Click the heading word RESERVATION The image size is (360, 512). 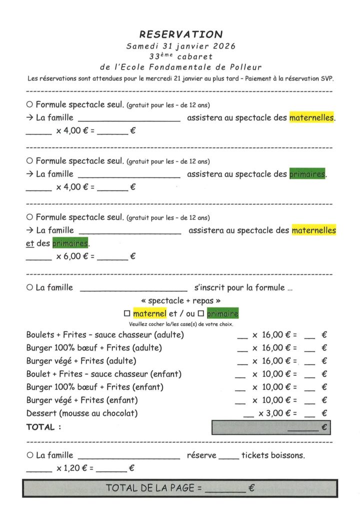click(x=180, y=34)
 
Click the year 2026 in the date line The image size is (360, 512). click(x=220, y=45)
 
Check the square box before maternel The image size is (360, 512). click(x=126, y=314)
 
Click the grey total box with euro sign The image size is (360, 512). click(x=271, y=428)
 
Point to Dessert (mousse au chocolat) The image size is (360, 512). click(x=82, y=413)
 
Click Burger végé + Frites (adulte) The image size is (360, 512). click(x=81, y=360)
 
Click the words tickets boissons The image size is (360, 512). click(x=272, y=455)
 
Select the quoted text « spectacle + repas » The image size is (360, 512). click(x=180, y=301)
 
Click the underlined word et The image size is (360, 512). click(x=29, y=243)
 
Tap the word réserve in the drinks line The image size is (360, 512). click(x=201, y=455)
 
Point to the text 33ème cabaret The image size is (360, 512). click(x=180, y=56)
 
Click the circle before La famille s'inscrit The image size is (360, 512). click(x=29, y=288)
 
